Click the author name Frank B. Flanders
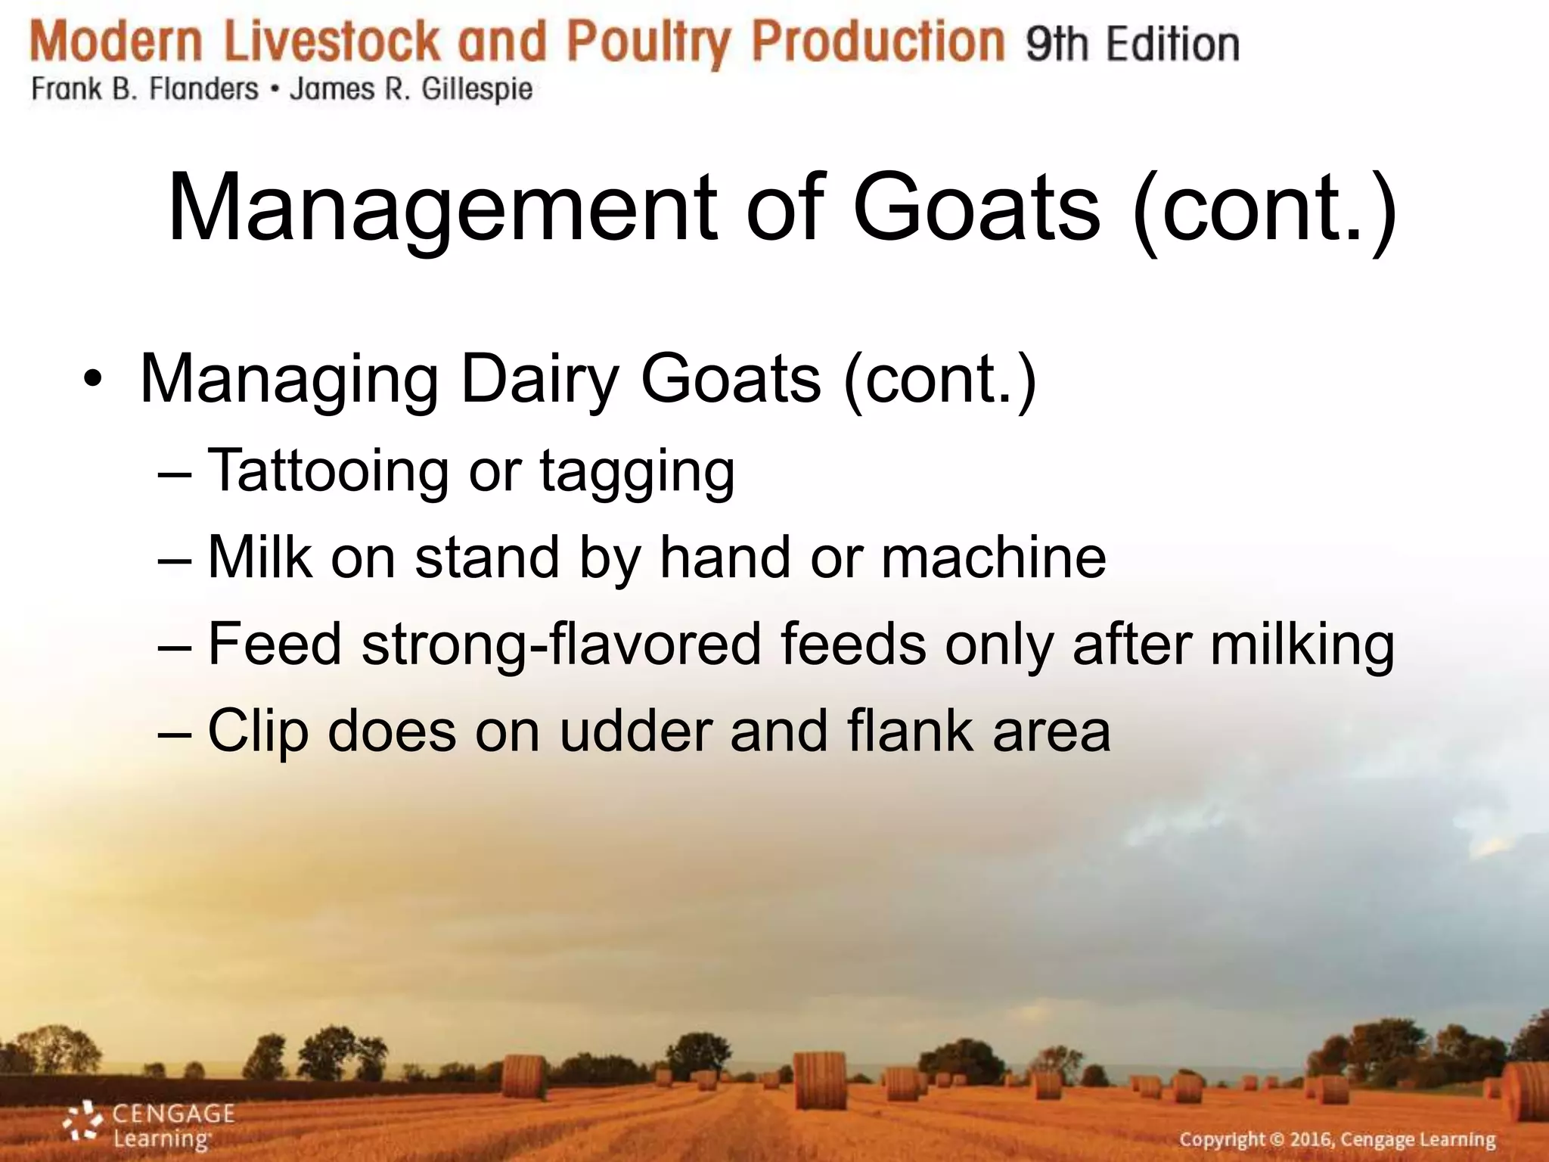tap(144, 89)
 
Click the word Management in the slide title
tap(442, 209)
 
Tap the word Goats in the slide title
tap(976, 207)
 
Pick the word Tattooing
tap(328, 471)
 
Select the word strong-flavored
tap(560, 645)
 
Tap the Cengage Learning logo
tap(148, 1125)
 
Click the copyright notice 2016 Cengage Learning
tap(1336, 1139)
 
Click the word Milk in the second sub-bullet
tap(259, 558)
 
